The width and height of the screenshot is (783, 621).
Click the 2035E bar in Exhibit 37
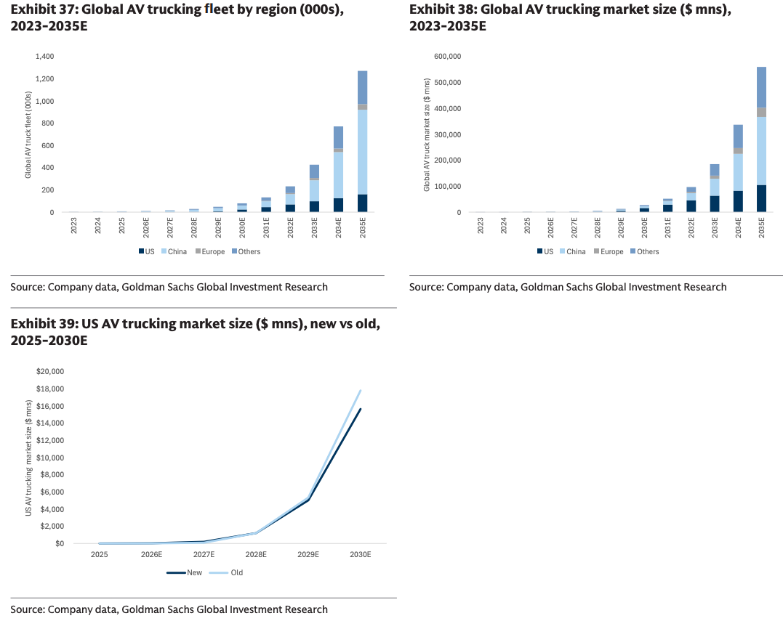[362, 142]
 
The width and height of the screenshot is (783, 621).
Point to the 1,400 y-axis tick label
[44, 56]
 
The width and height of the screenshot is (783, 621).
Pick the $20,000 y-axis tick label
[50, 371]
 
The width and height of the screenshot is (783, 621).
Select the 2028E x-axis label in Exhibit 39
[256, 554]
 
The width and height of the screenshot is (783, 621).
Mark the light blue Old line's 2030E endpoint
[361, 391]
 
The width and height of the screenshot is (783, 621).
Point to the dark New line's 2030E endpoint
[361, 409]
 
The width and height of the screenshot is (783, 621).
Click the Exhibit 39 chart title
[195, 330]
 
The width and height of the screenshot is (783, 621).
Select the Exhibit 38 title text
[571, 18]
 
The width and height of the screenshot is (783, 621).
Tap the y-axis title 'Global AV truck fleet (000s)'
[28, 134]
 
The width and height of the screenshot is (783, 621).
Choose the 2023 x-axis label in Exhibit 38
[481, 225]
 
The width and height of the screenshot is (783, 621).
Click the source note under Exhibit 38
[567, 287]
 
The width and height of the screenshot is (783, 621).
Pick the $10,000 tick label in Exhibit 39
[50, 458]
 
